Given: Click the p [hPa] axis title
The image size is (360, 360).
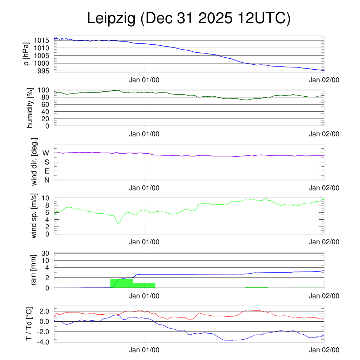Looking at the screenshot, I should pyautogui.click(x=26, y=53).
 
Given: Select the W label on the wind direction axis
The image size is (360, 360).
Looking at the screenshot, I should pyautogui.click(x=46, y=153).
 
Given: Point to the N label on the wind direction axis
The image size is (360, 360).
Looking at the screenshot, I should pyautogui.click(x=46, y=180).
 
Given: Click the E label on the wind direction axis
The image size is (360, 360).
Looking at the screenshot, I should pyautogui.click(x=46, y=171).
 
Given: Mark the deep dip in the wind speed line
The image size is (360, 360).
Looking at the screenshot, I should pyautogui.click(x=118, y=223).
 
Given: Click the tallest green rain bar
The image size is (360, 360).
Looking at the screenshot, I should pyautogui.click(x=122, y=283).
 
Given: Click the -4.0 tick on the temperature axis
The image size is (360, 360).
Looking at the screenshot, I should pyautogui.click(x=44, y=342).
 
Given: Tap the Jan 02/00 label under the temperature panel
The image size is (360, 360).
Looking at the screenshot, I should pyautogui.click(x=324, y=350).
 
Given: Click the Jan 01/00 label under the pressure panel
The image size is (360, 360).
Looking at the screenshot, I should pyautogui.click(x=144, y=80).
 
